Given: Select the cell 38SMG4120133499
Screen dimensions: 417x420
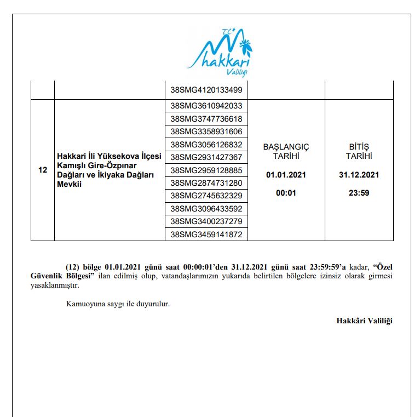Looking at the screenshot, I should pyautogui.click(x=206, y=89).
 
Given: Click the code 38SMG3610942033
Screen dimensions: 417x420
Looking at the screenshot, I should pyautogui.click(x=206, y=106).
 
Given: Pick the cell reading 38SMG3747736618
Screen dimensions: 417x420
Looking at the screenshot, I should pyautogui.click(x=206, y=119).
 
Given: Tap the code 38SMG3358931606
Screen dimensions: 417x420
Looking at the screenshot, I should pyautogui.click(x=206, y=132).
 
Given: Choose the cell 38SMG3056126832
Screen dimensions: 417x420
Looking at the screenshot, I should pyautogui.click(x=206, y=145).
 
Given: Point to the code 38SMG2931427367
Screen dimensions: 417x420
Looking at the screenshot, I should pyautogui.click(x=206, y=157).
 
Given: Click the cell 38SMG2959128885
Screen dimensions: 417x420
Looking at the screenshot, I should pyautogui.click(x=206, y=170).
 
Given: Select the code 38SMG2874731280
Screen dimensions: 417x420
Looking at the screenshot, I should pyautogui.click(x=206, y=182).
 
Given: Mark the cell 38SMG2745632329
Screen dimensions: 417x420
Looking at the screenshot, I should pyautogui.click(x=206, y=196).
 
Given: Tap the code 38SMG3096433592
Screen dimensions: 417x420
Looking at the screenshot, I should pyautogui.click(x=206, y=209).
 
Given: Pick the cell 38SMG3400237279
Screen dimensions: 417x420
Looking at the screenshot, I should pyautogui.click(x=206, y=221).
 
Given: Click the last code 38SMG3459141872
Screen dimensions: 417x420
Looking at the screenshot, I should pyautogui.click(x=206, y=235).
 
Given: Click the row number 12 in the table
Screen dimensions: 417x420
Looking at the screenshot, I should pyautogui.click(x=43, y=170).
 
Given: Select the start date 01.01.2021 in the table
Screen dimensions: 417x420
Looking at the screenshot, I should pyautogui.click(x=286, y=175).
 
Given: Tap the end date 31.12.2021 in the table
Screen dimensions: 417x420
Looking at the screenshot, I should pyautogui.click(x=359, y=175).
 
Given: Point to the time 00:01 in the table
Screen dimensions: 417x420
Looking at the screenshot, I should pyautogui.click(x=286, y=193).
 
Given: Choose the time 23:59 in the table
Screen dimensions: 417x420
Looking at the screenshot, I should pyautogui.click(x=359, y=193).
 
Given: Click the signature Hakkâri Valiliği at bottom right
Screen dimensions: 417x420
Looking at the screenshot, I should pyautogui.click(x=364, y=321).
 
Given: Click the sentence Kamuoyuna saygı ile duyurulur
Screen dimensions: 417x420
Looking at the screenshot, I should pyautogui.click(x=118, y=304).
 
